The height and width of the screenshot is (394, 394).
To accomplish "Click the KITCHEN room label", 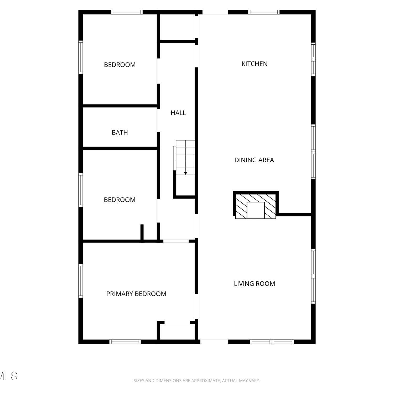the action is [254, 64].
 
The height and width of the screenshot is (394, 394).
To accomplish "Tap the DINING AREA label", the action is [254, 160].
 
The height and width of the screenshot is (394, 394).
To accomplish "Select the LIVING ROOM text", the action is [254, 284].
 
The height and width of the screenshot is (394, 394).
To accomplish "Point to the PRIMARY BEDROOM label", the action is [136, 294].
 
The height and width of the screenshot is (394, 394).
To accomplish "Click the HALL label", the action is [178, 113].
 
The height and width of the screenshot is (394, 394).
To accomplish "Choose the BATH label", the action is [120, 133].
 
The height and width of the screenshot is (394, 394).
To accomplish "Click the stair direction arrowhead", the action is [185, 173].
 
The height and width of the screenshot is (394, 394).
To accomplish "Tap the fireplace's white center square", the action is [256, 210].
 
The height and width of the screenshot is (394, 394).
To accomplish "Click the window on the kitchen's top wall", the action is [264, 12].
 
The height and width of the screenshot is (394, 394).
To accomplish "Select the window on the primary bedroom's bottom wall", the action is [125, 342].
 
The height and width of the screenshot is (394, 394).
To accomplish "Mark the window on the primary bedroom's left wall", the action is [81, 281].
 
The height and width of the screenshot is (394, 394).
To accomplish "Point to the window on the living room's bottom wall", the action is [272, 342].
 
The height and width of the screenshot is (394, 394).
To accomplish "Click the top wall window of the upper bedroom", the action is [127, 12].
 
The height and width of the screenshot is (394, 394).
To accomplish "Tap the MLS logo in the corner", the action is [9, 376].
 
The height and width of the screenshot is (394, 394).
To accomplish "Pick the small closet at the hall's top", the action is [177, 27].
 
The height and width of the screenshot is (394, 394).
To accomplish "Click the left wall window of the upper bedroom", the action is [81, 57].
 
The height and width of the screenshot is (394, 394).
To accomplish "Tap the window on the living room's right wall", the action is [313, 276].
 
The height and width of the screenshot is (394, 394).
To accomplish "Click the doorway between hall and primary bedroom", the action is [176, 241].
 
